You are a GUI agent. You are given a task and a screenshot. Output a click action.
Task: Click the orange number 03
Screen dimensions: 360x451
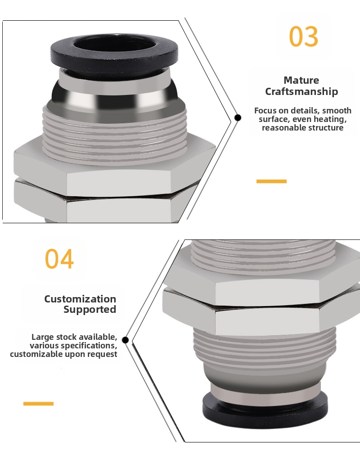(304, 36)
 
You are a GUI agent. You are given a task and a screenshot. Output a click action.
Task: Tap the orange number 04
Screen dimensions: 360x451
(59, 259)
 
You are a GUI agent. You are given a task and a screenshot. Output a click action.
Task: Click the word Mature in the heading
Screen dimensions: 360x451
(301, 80)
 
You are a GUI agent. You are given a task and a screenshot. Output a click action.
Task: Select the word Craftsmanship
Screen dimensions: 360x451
(301, 92)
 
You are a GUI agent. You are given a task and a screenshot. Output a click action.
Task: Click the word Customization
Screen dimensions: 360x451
(80, 299)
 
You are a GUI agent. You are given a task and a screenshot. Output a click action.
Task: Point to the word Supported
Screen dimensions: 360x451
(90, 310)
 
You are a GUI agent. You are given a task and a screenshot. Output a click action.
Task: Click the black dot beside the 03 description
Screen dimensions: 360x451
(238, 117)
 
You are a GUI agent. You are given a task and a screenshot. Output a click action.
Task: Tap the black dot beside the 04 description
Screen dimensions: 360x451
(125, 340)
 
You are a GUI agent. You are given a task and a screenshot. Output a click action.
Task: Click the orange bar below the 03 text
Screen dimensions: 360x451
(271, 181)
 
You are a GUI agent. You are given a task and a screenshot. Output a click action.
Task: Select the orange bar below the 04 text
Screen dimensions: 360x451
(38, 404)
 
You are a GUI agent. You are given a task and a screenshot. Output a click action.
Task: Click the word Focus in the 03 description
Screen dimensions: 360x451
(265, 110)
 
